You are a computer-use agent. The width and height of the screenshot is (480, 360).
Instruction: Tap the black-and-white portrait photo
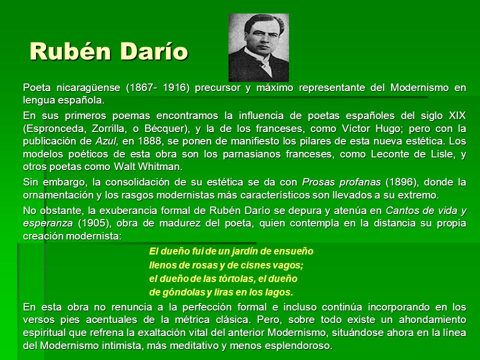(258, 47)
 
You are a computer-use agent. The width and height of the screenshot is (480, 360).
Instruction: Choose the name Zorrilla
(109, 128)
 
